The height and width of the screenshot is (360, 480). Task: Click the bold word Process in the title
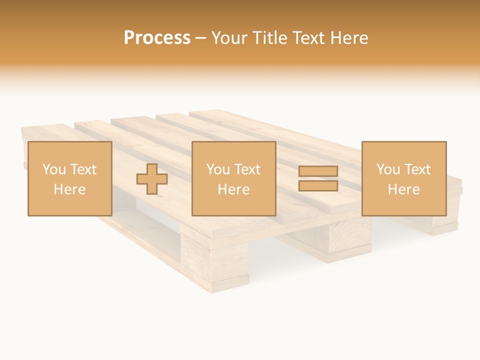pos(157,38)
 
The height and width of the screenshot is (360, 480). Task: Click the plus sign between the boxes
pos(152,179)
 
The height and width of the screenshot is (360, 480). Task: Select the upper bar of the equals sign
pos(318,171)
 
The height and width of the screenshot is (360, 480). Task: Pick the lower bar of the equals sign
pos(318,186)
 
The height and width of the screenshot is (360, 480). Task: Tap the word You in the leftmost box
pos(54,169)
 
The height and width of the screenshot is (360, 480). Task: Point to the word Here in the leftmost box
pos(69,189)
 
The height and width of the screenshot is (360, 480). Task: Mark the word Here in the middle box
pos(233,189)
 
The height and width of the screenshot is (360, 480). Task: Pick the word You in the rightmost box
pos(388,169)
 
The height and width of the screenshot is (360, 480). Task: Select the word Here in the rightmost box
pos(403,189)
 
